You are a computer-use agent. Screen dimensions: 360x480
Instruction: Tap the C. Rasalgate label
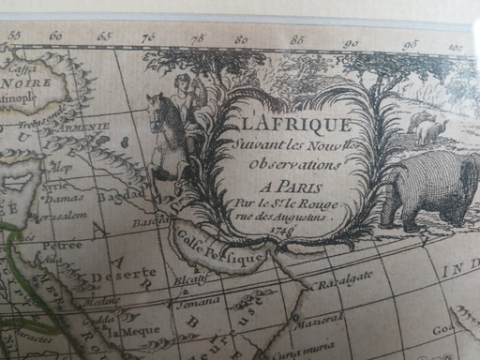342,278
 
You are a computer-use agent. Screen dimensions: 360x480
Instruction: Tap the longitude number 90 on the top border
351,43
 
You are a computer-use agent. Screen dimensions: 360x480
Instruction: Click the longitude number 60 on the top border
56,37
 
